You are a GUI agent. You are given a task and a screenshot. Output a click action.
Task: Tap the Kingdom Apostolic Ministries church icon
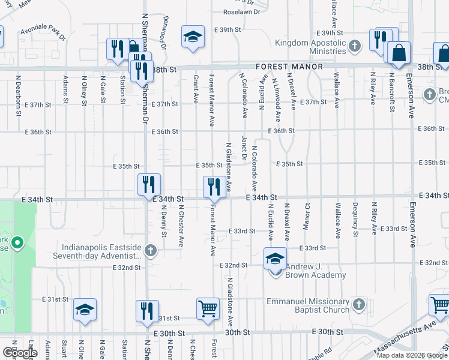click(355, 46)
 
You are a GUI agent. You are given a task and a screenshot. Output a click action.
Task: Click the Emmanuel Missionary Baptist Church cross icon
click(360, 305)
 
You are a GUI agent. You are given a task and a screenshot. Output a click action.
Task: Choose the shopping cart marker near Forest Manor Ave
click(208, 310)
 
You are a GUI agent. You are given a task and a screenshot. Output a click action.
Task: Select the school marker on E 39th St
click(193, 37)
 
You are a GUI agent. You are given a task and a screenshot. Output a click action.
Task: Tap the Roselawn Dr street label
click(241, 11)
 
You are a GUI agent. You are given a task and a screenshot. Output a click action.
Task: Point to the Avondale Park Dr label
click(43, 31)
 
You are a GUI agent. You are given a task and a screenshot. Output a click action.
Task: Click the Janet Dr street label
click(244, 149)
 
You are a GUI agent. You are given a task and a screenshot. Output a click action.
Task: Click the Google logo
click(20, 353)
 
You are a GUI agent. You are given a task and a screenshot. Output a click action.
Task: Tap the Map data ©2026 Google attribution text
click(411, 355)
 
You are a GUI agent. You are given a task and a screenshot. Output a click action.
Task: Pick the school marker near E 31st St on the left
click(85, 311)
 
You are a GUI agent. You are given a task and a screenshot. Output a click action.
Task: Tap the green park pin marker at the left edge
click(17, 244)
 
